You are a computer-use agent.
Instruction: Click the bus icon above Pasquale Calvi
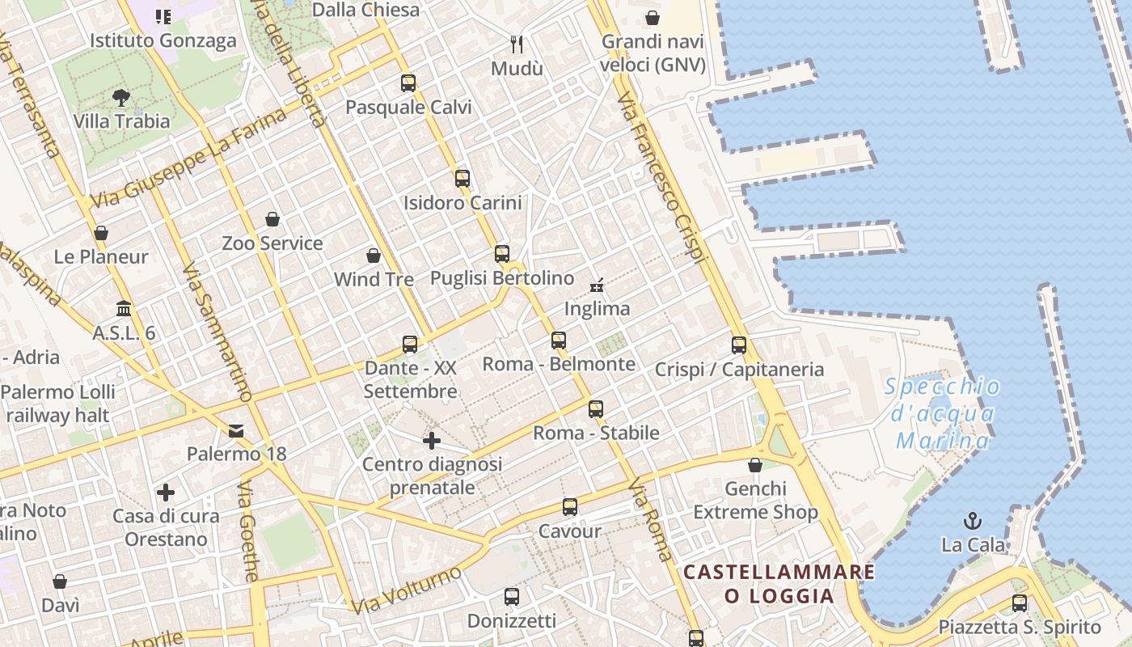tap(408, 82)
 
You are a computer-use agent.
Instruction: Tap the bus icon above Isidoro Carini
tap(463, 179)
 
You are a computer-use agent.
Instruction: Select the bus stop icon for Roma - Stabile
tap(596, 409)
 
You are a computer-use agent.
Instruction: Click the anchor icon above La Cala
tap(973, 521)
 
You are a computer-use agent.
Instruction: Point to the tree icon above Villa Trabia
tap(121, 99)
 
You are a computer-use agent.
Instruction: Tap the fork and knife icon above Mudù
tap(517, 44)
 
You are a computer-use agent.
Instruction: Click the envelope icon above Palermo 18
tap(236, 431)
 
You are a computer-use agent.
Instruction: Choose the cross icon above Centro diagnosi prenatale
tap(432, 441)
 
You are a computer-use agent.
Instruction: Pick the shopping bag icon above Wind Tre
tap(374, 256)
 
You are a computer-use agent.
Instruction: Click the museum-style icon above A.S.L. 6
tap(124, 309)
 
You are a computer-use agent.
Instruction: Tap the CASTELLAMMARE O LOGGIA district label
tap(779, 584)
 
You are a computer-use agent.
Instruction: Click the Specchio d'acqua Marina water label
tap(943, 414)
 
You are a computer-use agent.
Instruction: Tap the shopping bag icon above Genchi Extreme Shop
tap(755, 465)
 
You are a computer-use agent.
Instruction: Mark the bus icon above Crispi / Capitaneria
tap(739, 345)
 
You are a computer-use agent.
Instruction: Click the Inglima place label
tap(597, 309)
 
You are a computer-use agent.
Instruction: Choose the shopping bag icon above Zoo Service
tap(272, 219)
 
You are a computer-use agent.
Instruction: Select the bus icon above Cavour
tap(570, 507)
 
